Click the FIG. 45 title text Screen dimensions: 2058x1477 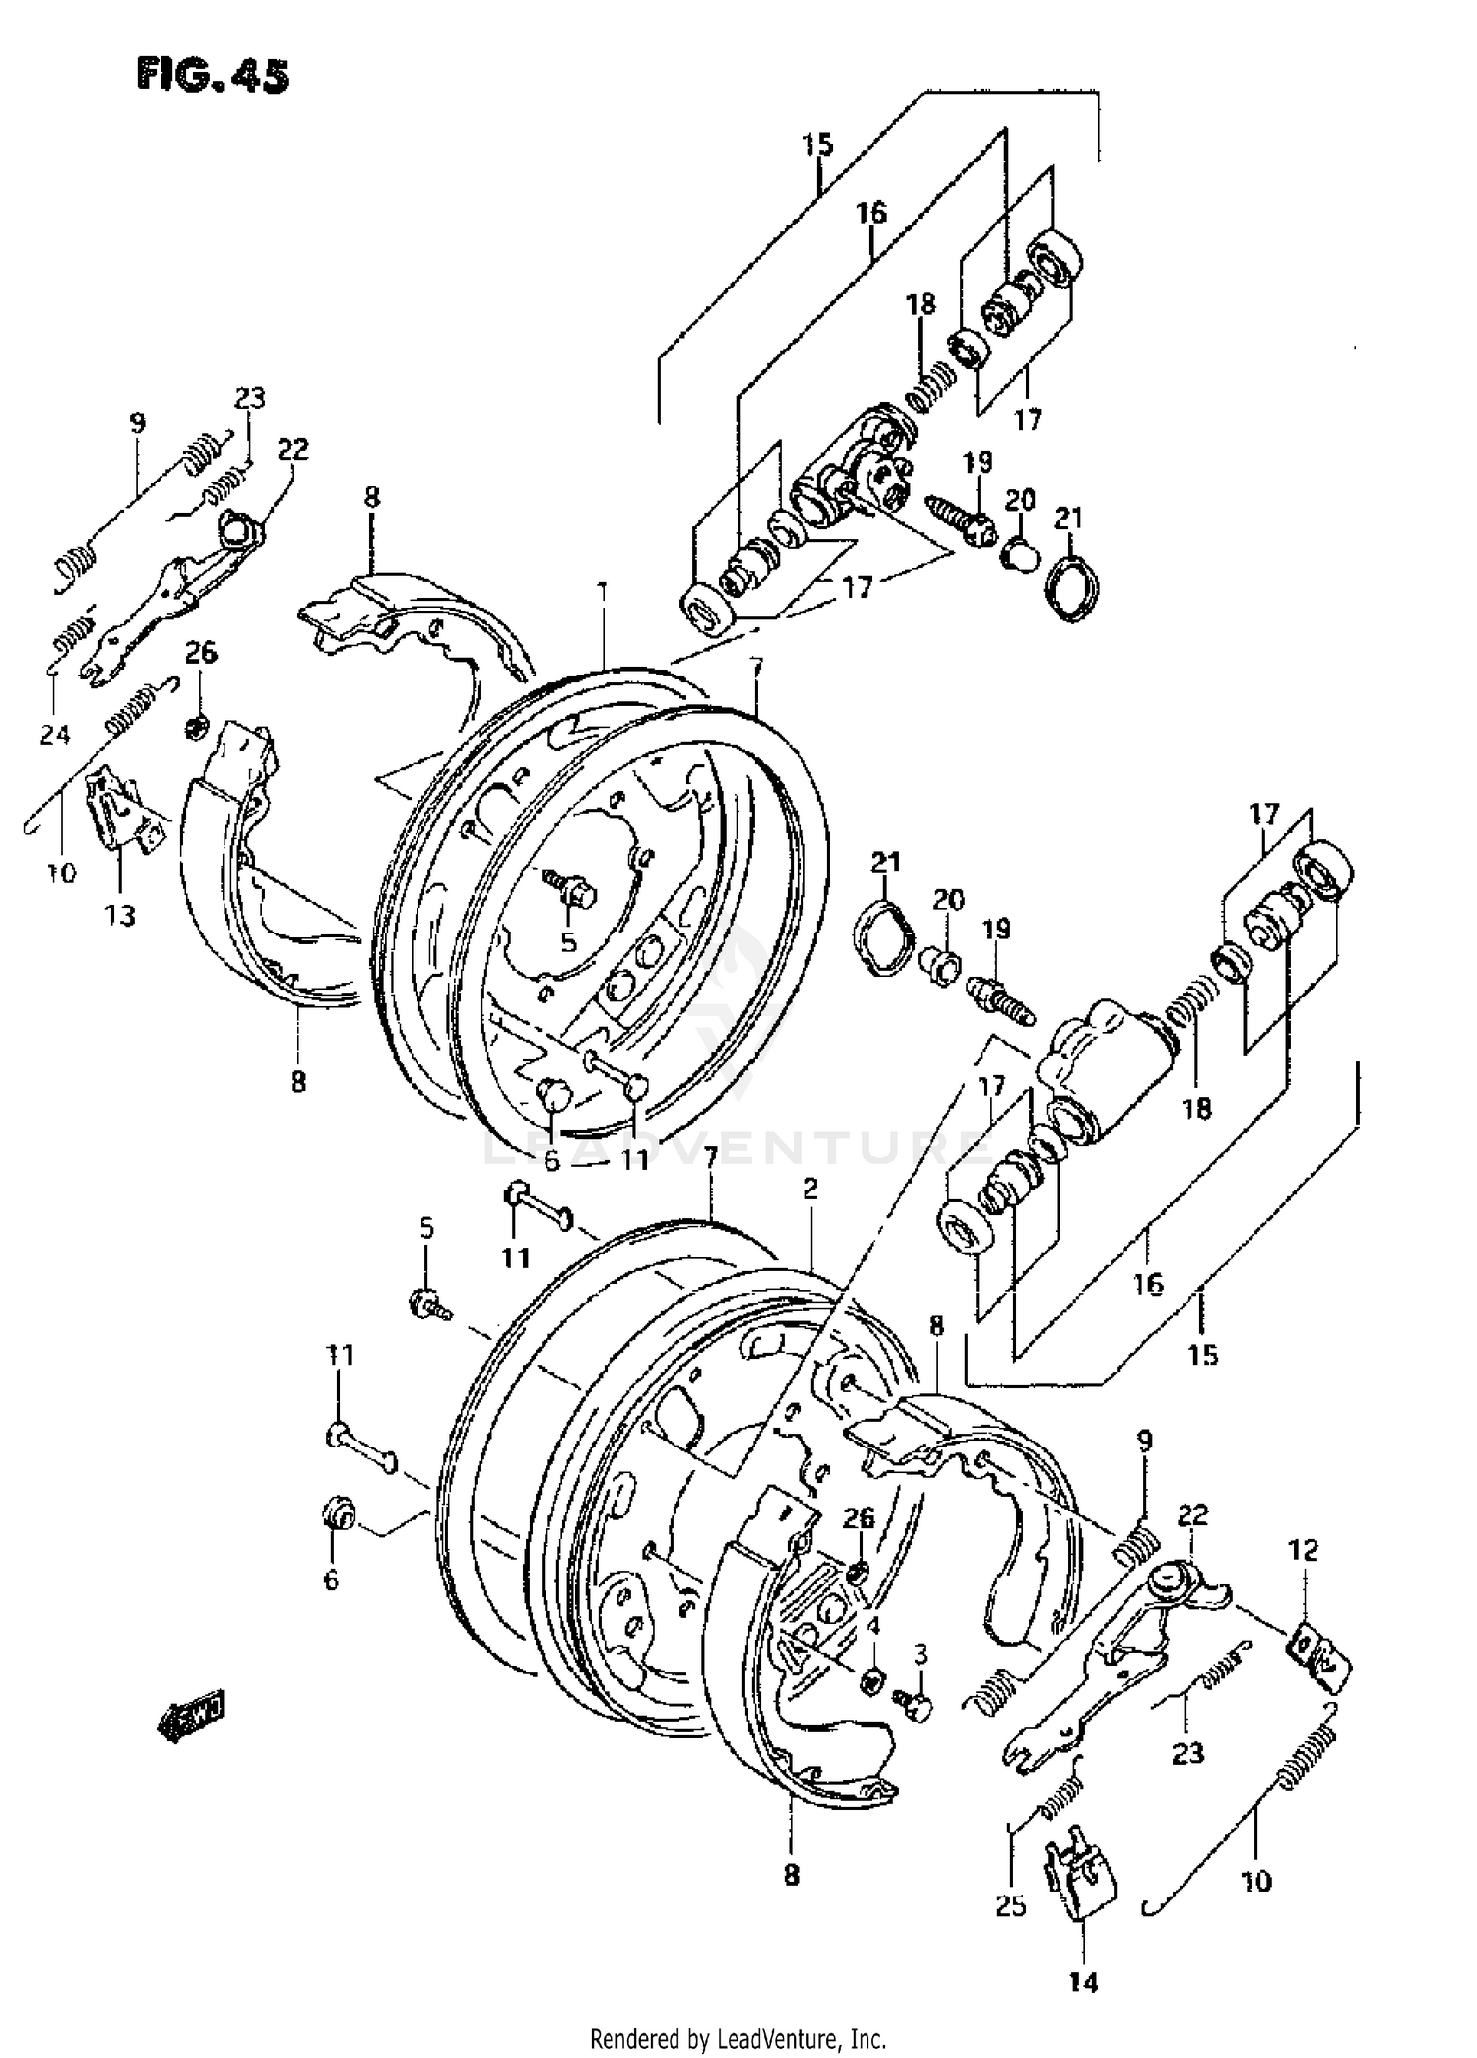(x=213, y=76)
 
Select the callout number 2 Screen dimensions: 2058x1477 (x=809, y=1190)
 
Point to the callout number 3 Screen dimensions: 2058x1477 (x=920, y=1651)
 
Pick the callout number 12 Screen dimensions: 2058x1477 (x=1302, y=1551)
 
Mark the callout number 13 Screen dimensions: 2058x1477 (x=121, y=916)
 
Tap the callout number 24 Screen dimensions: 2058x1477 (x=55, y=734)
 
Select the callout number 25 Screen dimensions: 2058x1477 (x=1011, y=1905)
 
